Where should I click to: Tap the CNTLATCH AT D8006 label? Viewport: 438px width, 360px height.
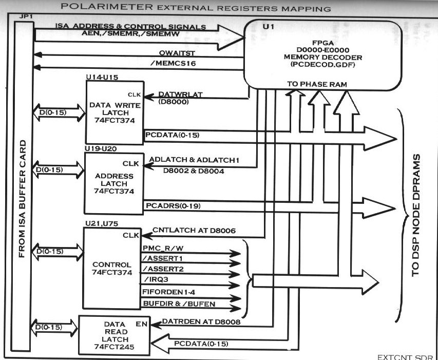point(195,231)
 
